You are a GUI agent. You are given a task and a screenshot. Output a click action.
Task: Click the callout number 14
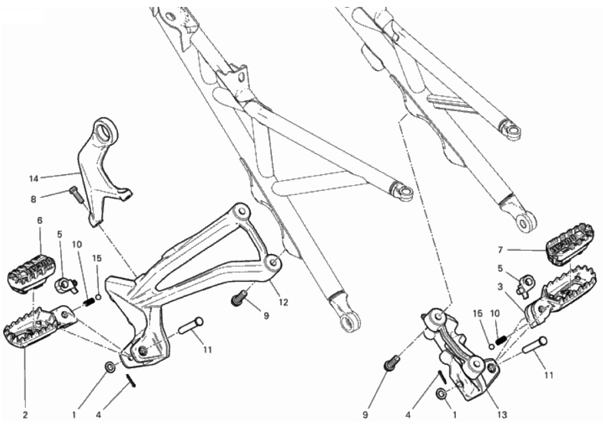coord(34,178)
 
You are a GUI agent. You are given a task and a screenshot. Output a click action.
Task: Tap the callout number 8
coord(33,199)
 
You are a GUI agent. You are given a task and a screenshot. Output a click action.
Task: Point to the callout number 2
coord(25,415)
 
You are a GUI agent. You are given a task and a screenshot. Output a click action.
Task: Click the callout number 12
coord(283,303)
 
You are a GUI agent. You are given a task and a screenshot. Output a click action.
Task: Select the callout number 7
coord(500,250)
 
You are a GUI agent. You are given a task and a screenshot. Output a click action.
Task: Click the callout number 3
coord(500,286)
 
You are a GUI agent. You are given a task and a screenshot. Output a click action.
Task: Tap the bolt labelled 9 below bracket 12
coord(239,298)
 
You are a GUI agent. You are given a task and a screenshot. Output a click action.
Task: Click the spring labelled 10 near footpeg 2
coord(89,303)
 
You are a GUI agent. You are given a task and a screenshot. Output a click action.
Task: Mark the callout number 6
coord(40,221)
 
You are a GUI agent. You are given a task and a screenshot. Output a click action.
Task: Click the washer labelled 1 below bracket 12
coord(110,367)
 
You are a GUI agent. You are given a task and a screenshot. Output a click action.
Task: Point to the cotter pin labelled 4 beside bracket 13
coord(441,376)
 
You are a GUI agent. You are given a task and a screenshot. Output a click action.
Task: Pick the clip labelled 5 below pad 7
coord(525,284)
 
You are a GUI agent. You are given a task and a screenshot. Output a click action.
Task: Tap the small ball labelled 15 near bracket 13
coord(491,347)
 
